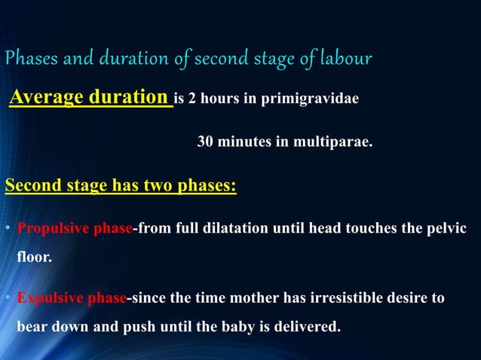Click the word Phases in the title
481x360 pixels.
pos(29,59)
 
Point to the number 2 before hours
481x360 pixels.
pos(193,99)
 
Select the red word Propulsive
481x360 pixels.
pos(53,229)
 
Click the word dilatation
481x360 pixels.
pos(239,229)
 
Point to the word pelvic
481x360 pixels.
pos(449,229)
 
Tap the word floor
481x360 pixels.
pos(33,257)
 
